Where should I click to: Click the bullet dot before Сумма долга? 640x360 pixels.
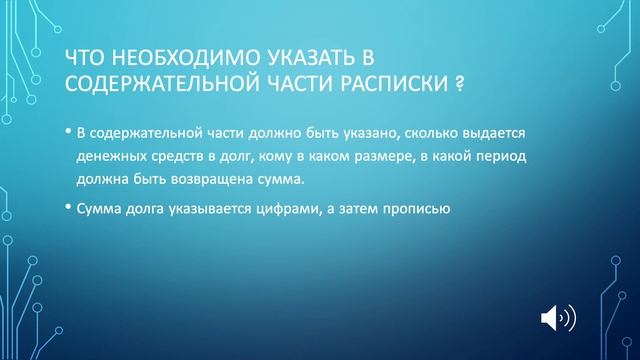pos(67,207)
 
